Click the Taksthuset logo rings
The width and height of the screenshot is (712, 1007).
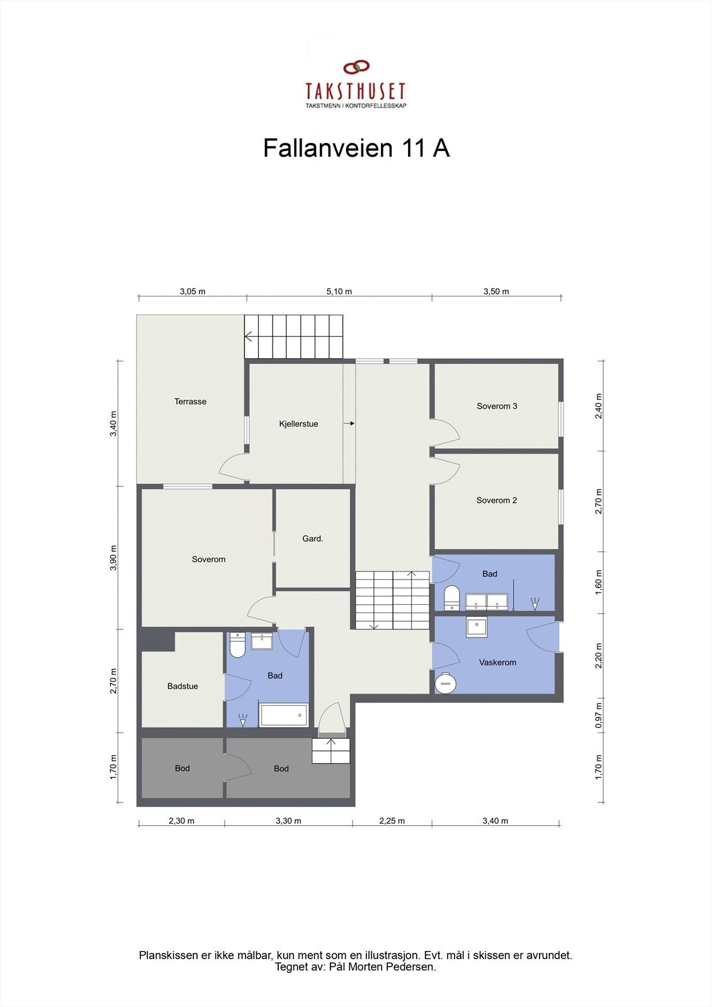(x=356, y=67)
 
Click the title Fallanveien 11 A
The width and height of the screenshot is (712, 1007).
(x=356, y=149)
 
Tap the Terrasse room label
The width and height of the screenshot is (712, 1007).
(x=190, y=402)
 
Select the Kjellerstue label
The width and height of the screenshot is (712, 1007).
(x=298, y=424)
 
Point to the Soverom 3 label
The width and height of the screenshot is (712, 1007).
(x=497, y=407)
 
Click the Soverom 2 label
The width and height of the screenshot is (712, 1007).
(x=497, y=501)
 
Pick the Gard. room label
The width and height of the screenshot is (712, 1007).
(x=313, y=539)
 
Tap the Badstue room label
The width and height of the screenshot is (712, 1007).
(x=183, y=687)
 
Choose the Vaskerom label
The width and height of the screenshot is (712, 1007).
(x=497, y=663)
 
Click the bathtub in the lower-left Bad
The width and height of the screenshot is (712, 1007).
(x=284, y=715)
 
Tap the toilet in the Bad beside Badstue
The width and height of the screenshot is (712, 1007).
(x=237, y=645)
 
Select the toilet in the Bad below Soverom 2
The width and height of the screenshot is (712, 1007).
(x=451, y=597)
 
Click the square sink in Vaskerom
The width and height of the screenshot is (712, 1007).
(x=477, y=627)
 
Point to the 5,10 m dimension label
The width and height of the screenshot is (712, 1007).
(x=339, y=291)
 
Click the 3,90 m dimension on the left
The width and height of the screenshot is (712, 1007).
(x=113, y=558)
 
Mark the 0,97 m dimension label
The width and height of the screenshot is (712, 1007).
(x=599, y=715)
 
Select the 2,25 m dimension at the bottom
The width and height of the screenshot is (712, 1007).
(x=392, y=821)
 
